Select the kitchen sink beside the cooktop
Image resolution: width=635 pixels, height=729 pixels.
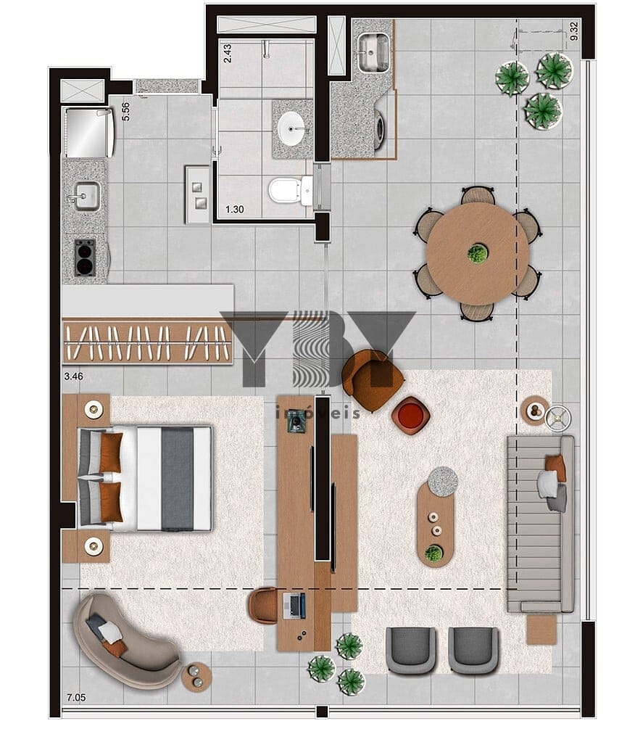[x=86, y=196]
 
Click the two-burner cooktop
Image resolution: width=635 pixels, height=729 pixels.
[x=85, y=258]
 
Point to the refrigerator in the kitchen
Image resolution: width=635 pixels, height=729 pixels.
[x=88, y=133]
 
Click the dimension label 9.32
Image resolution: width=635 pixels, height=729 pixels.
[x=574, y=31]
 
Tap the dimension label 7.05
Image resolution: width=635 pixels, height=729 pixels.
[x=76, y=697]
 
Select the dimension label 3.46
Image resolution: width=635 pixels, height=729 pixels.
[x=73, y=376]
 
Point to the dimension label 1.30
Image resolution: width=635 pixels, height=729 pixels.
[x=235, y=209]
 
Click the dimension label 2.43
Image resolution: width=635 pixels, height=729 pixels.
[x=227, y=54]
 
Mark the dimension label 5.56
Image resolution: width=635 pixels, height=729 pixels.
[x=125, y=112]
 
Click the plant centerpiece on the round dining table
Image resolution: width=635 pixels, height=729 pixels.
[x=477, y=254]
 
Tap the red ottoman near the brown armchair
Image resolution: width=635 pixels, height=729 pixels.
[x=410, y=415]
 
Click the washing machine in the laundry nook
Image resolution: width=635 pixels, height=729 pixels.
[x=382, y=127]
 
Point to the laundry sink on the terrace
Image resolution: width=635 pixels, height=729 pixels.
[x=373, y=52]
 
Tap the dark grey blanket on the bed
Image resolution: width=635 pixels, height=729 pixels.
[x=177, y=479]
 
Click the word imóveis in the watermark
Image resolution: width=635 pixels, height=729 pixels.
[x=317, y=413]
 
